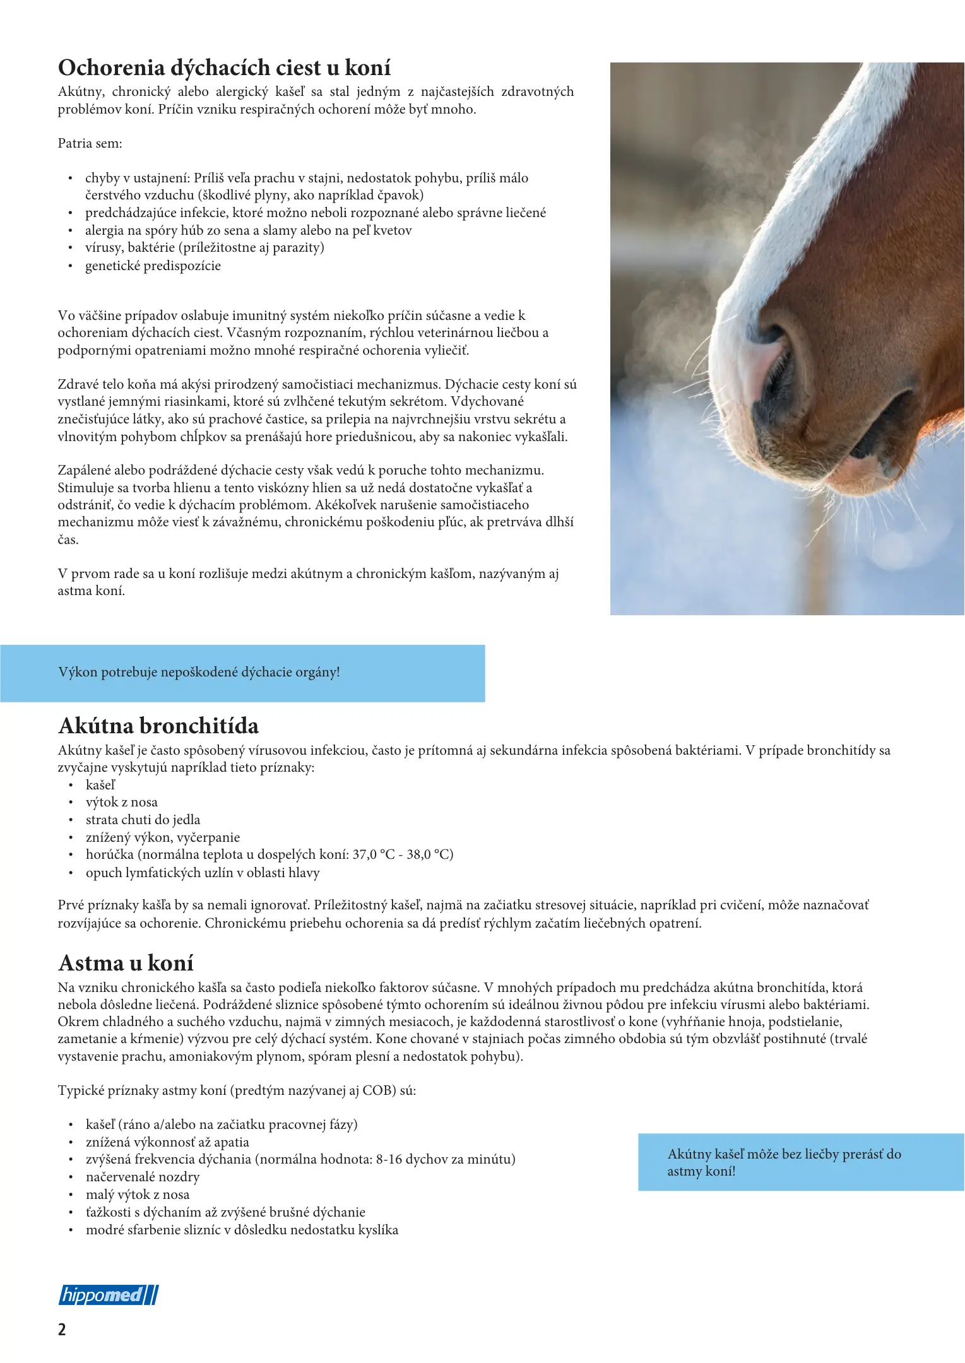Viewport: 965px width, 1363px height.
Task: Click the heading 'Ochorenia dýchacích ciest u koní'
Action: (x=224, y=68)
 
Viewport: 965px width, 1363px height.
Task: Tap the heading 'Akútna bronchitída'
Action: (x=158, y=726)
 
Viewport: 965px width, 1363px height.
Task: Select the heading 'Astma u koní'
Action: (x=126, y=963)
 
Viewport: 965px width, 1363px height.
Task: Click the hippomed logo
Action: (x=109, y=1295)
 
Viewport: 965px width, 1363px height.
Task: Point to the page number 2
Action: (x=62, y=1330)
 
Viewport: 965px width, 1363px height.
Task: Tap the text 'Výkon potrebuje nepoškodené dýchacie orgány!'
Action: (x=199, y=672)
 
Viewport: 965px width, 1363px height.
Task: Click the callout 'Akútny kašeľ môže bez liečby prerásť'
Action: (x=784, y=1162)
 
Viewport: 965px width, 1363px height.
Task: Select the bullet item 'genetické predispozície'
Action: (x=153, y=266)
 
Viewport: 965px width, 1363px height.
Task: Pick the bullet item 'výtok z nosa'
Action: (x=122, y=802)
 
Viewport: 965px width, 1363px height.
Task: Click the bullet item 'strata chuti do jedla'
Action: (x=143, y=820)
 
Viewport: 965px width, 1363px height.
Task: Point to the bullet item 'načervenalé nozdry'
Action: (x=143, y=1177)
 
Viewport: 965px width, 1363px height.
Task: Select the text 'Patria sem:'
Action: (x=90, y=143)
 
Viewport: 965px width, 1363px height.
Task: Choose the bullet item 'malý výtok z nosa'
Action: (x=138, y=1195)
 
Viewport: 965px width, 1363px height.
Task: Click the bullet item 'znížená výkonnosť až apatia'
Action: (x=167, y=1142)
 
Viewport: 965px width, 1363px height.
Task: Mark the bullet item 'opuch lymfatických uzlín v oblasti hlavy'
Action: (x=203, y=873)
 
